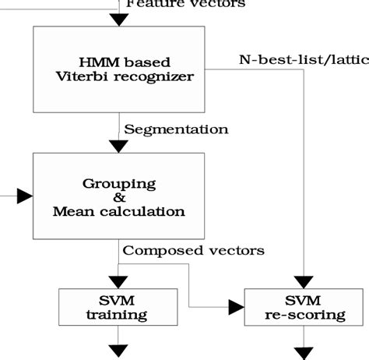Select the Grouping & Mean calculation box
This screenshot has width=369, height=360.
(118, 196)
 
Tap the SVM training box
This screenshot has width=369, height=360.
(117, 308)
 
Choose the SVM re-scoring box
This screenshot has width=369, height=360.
(304, 308)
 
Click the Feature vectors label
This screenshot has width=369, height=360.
(185, 4)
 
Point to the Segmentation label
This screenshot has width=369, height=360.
(176, 129)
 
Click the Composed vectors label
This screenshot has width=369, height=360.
(194, 250)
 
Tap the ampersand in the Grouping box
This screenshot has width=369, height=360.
(118, 197)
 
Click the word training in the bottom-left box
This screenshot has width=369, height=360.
(117, 315)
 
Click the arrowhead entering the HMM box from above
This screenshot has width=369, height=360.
(118, 19)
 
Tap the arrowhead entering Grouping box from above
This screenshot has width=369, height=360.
(118, 145)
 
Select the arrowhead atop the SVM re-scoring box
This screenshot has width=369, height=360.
(304, 281)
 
